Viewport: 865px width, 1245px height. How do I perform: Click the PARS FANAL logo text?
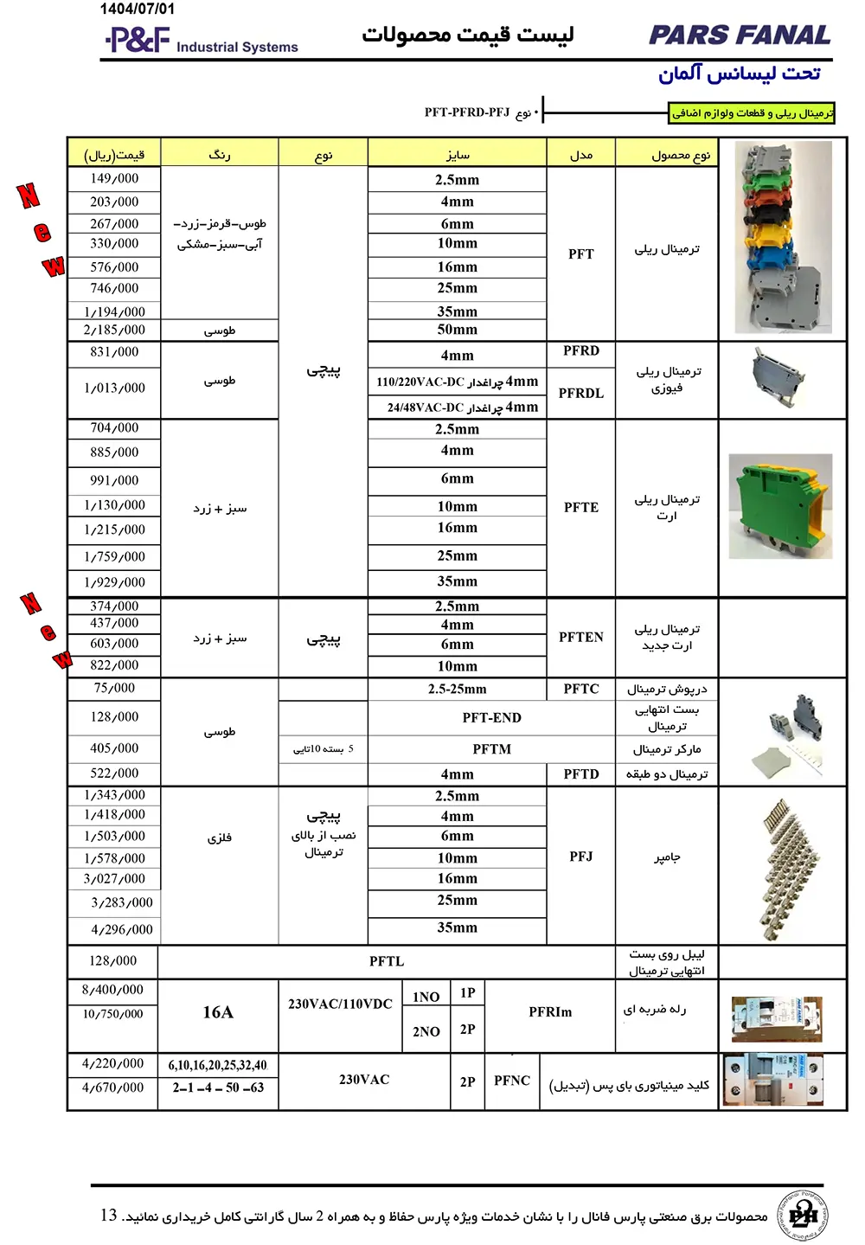pos(740,35)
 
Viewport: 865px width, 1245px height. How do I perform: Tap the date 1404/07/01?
pos(138,10)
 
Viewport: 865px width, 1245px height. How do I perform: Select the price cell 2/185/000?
pos(114,330)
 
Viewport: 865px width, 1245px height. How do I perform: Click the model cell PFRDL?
pos(580,393)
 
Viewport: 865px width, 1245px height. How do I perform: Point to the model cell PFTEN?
pos(580,637)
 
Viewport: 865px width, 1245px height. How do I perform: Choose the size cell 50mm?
pos(457,330)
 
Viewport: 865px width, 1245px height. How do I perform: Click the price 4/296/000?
pos(122,929)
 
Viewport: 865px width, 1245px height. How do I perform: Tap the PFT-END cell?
pos(491,717)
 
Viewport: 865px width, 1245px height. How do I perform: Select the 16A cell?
pos(218,1012)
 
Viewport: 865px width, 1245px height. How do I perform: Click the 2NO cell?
pos(426,1031)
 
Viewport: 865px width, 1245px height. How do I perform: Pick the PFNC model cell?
pos(512,1081)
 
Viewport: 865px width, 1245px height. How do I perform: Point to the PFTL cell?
pos(387,961)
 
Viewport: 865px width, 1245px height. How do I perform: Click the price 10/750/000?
pos(113,1014)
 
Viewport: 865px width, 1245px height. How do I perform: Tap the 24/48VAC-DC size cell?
pos(457,408)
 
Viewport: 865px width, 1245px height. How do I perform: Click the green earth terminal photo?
pos(780,506)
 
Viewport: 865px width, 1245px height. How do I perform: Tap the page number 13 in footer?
pos(108,1216)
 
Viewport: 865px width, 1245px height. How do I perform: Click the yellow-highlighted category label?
pos(753,113)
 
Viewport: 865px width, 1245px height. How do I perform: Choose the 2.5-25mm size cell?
pos(457,690)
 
